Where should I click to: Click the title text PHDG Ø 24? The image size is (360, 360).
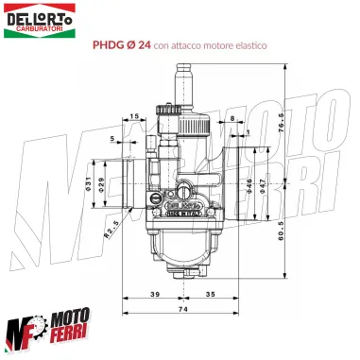click(x=122, y=44)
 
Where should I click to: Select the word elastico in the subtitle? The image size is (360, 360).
click(x=259, y=44)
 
